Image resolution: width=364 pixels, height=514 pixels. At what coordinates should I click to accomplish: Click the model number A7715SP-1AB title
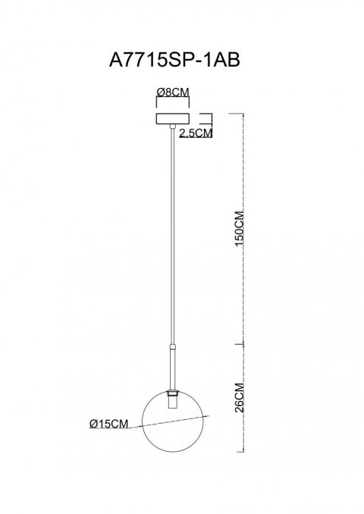tap(174, 60)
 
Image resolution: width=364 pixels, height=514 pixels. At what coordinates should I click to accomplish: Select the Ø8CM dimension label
tap(173, 92)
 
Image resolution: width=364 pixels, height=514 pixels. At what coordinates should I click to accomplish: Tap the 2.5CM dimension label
tap(196, 133)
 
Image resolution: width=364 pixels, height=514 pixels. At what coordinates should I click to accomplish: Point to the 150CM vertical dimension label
tap(240, 228)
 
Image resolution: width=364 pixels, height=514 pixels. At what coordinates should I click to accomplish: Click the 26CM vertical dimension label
tap(240, 397)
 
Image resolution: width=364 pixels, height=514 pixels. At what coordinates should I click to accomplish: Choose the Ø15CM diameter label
tap(108, 424)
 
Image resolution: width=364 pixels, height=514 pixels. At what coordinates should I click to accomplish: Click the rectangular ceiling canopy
tap(173, 119)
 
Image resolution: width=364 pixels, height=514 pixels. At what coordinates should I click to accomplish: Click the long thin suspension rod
tap(173, 236)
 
